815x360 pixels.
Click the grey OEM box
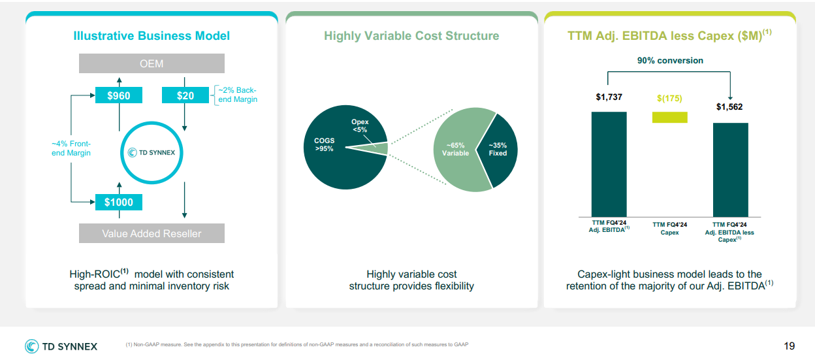click(152, 63)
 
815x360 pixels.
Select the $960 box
click(119, 95)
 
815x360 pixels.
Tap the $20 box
click(185, 95)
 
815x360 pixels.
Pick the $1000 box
click(119, 202)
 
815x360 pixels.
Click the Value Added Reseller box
click(152, 233)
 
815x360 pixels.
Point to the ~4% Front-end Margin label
click(71, 148)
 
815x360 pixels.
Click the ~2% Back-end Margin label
click(238, 95)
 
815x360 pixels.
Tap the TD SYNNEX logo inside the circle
click(152, 152)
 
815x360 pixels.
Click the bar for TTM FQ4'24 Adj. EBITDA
click(609, 164)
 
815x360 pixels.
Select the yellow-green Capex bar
click(670, 117)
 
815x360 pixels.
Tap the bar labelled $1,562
click(731, 170)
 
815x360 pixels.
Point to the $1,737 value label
click(609, 97)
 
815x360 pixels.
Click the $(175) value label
click(669, 98)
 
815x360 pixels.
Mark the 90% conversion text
click(670, 60)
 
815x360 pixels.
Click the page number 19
click(789, 346)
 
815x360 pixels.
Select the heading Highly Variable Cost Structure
click(411, 36)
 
